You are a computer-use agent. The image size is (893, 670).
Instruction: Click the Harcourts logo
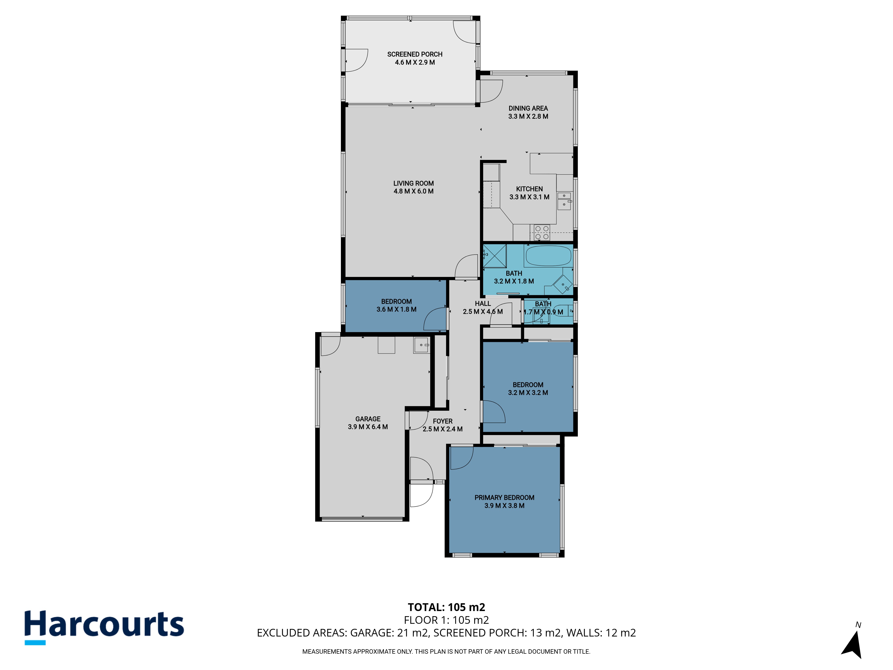coord(104,627)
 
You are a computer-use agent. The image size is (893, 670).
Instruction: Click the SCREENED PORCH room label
coord(415,54)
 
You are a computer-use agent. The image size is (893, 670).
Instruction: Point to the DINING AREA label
coord(528,108)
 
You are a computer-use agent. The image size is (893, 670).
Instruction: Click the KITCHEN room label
coord(529,189)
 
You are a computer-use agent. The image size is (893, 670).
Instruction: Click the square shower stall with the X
coord(494,256)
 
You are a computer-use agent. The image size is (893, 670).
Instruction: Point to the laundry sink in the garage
coord(422,345)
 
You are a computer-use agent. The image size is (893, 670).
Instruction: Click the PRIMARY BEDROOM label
coord(504,498)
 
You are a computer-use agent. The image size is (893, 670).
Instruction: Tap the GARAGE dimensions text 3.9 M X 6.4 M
coord(368,427)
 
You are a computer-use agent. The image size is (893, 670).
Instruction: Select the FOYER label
coord(442,421)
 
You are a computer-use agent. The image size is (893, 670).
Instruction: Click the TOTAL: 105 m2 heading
coord(446,607)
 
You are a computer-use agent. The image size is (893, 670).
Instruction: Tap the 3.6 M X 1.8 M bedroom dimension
coord(396,309)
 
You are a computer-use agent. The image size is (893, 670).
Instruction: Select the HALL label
coord(483,303)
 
